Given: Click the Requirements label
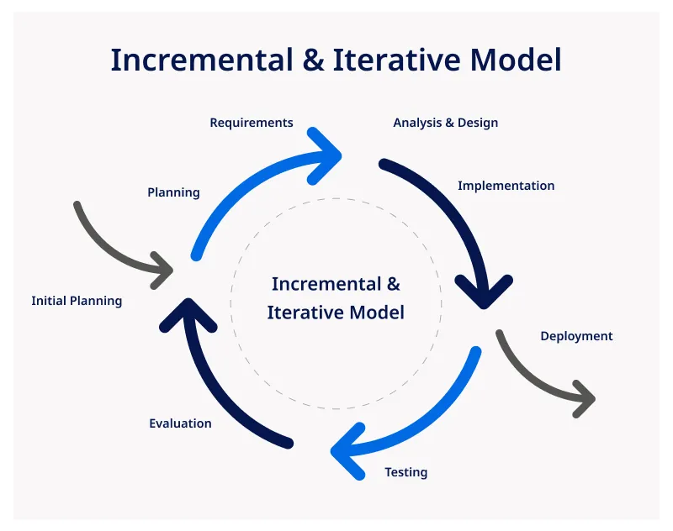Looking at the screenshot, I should point(252,123).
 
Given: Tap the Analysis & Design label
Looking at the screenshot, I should point(445,123).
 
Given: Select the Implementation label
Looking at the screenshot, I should point(506,186).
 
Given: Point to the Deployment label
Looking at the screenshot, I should point(576,336).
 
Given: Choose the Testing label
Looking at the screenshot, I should point(405,472).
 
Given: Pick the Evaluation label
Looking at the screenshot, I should point(180,423).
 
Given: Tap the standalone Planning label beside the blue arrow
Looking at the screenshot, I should point(173,192).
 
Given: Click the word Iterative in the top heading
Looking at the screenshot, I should point(396,60).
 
